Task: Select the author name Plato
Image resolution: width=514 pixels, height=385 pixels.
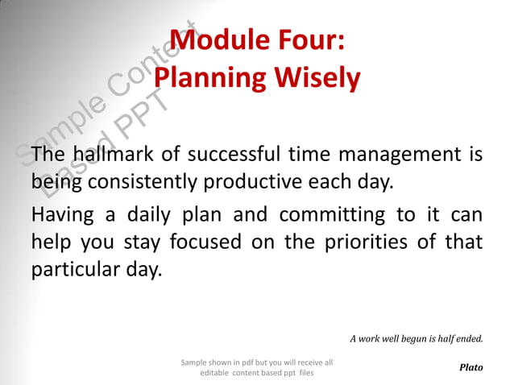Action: pyautogui.click(x=470, y=367)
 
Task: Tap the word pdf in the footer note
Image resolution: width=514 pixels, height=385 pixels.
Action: pyautogui.click(x=241, y=362)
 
